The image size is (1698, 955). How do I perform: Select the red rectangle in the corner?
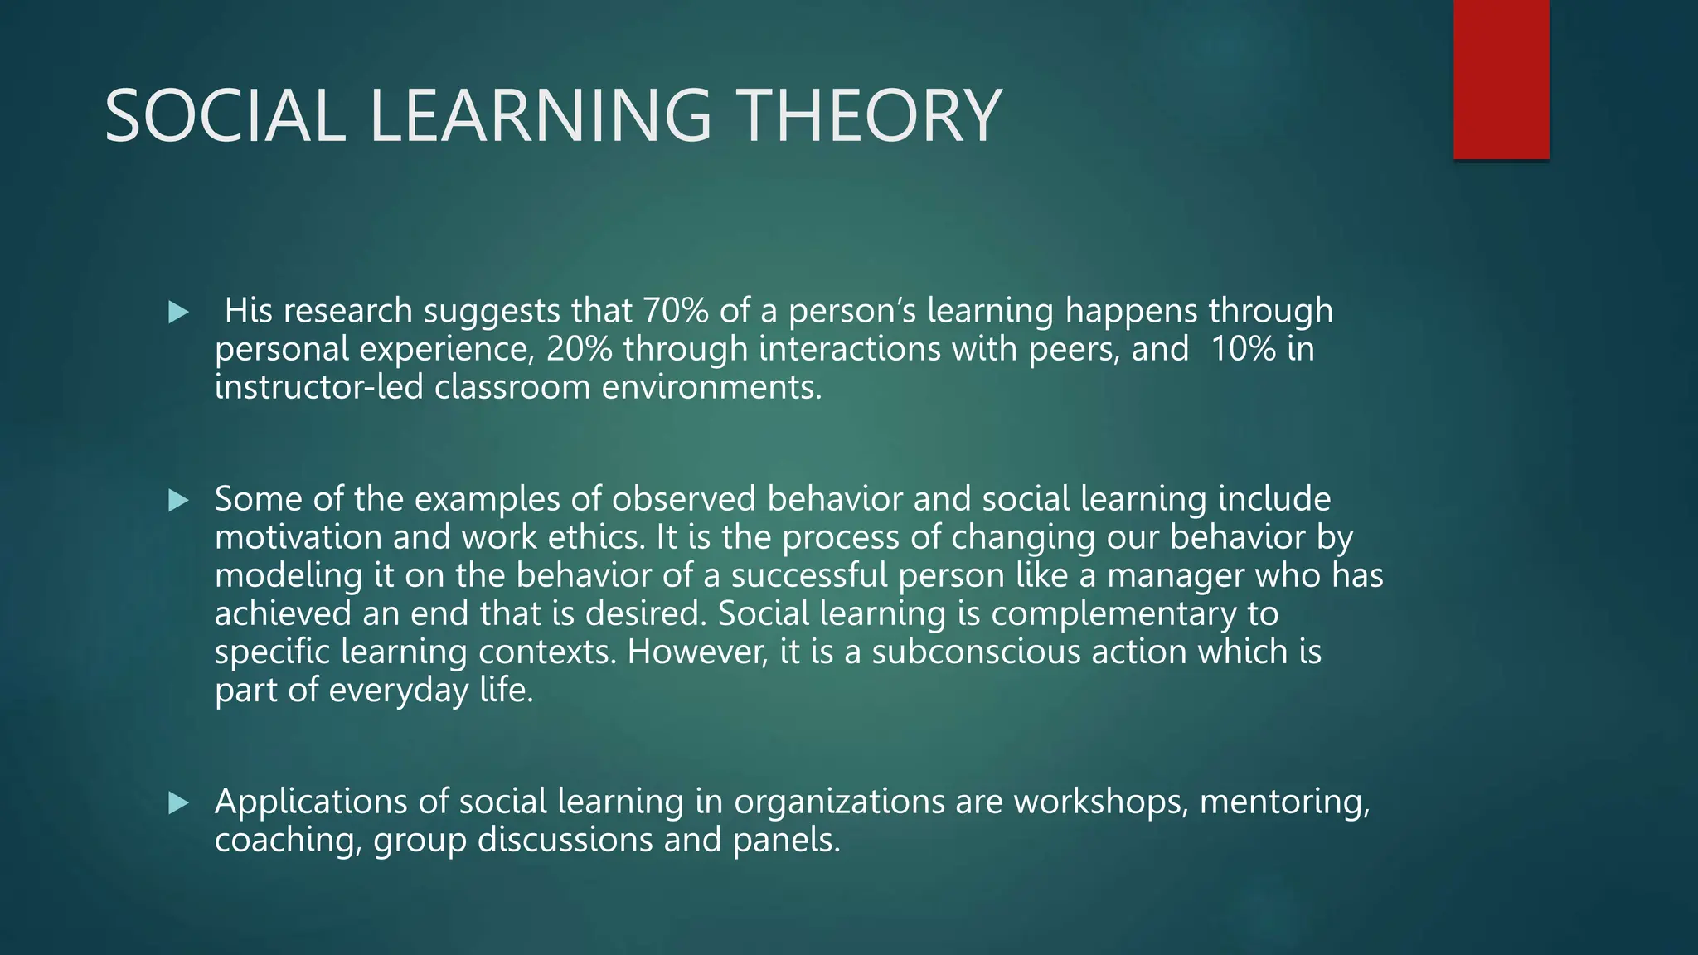click(1501, 80)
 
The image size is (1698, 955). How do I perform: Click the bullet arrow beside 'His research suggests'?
click(178, 313)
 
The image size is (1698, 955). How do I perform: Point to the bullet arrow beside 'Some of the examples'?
click(178, 500)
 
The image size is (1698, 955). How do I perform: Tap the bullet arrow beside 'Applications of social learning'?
click(178, 802)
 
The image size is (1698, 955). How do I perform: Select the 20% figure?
click(579, 349)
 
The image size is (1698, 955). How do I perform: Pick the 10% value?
click(1243, 349)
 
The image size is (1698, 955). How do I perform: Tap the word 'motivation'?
click(298, 537)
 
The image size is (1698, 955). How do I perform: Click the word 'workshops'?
click(1100, 802)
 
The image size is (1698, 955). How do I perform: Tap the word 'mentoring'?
click(1283, 802)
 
